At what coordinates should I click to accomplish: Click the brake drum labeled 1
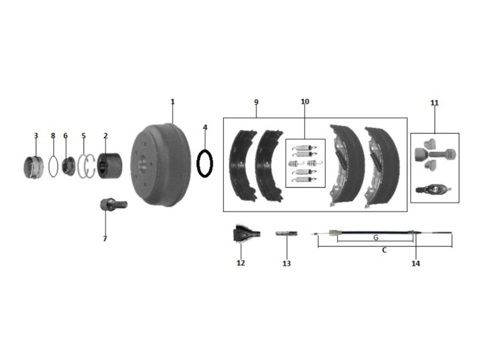click(161, 165)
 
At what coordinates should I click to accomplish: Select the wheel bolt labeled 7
click(114, 204)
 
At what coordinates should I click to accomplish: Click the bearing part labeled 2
click(110, 165)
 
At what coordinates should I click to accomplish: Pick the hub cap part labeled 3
click(33, 166)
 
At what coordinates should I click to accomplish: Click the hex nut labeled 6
click(68, 166)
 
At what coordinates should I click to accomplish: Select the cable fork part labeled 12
click(247, 234)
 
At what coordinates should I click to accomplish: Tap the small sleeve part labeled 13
click(287, 233)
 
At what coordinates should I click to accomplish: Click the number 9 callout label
click(256, 102)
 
